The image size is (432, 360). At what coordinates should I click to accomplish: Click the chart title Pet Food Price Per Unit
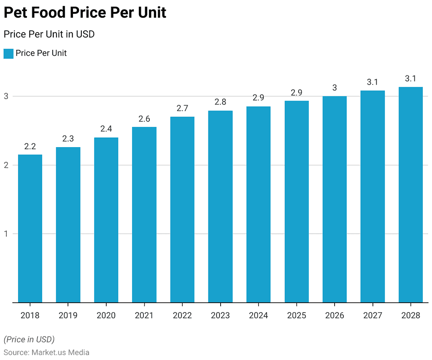click(85, 13)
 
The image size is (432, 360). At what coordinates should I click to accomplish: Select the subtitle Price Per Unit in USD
click(49, 35)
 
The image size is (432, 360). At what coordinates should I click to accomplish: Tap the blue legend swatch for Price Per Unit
click(8, 54)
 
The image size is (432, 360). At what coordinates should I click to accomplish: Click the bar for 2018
click(30, 228)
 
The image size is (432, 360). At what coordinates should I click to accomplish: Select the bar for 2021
click(144, 215)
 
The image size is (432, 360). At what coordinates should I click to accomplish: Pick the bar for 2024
click(258, 204)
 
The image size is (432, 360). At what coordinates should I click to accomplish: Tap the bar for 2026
click(335, 199)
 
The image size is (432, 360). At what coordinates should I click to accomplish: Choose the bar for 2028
click(410, 194)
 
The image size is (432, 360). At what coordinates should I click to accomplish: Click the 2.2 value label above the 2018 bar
click(30, 147)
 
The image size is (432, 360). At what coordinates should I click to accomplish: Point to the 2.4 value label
click(106, 129)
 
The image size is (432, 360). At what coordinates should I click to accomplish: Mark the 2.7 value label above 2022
click(182, 108)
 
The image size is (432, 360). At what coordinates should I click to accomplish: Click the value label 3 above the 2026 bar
click(335, 88)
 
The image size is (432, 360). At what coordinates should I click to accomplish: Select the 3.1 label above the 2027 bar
click(373, 82)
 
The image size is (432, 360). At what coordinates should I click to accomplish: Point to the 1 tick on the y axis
click(6, 234)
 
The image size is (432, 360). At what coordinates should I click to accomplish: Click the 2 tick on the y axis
click(6, 165)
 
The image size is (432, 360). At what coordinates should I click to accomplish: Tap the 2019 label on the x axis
click(68, 315)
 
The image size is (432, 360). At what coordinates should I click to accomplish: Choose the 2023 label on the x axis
click(220, 315)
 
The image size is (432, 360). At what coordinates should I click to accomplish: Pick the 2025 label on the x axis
click(296, 315)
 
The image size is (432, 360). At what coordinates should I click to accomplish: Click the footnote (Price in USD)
click(29, 339)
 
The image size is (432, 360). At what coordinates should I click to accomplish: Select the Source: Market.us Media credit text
click(46, 352)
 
